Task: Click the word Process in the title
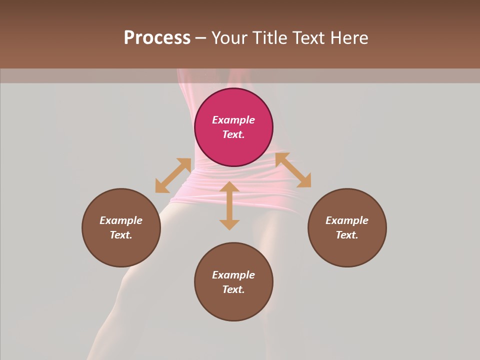pos(157,38)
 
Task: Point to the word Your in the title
pos(229,38)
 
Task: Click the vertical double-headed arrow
pos(229,205)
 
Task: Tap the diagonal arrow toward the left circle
pos(173,175)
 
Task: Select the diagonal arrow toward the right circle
pos(293,170)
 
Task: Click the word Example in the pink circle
pos(233,120)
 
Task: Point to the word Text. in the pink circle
pos(233,134)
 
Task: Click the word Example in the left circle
pos(121,220)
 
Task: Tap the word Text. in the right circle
pos(347,235)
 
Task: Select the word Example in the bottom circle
pos(233,275)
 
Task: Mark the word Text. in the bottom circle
pos(233,289)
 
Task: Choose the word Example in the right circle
pos(347,220)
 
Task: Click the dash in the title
pos(200,38)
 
